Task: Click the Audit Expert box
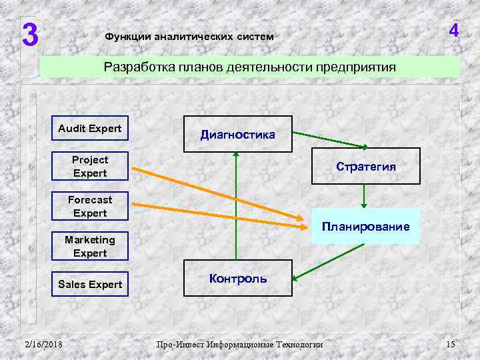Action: (90, 129)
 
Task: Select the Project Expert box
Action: (90, 167)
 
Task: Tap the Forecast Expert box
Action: (90, 207)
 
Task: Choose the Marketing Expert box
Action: (90, 246)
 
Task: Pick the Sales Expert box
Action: (90, 285)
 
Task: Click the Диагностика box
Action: (237, 135)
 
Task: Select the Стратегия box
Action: (366, 167)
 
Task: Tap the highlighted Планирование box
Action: (366, 227)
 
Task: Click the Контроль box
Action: (237, 279)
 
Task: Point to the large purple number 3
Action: (28, 35)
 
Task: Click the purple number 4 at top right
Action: (454, 31)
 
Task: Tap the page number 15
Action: (450, 344)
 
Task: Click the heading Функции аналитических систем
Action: (189, 37)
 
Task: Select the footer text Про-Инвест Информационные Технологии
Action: (239, 345)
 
